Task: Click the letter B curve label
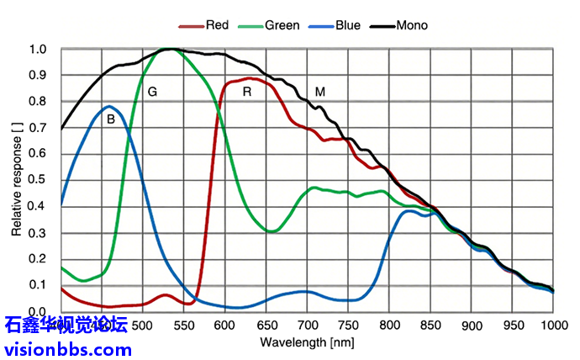[x=110, y=119]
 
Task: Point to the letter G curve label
[x=152, y=91]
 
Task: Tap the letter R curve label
[x=247, y=91]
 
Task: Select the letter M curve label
[x=320, y=91]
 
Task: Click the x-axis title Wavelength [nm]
[x=307, y=342]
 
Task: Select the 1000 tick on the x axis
[x=552, y=325]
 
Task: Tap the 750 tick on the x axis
[x=348, y=325]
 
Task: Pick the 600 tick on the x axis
[x=225, y=325]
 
